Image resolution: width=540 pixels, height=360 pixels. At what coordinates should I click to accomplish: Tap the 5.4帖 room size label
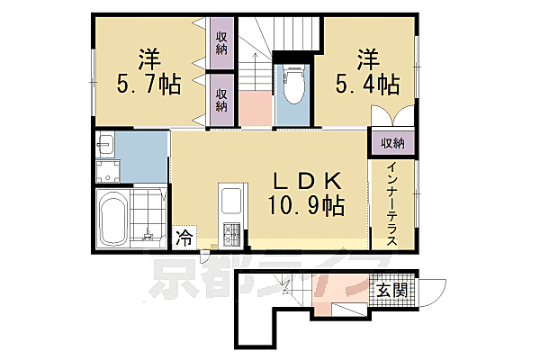pos(366,85)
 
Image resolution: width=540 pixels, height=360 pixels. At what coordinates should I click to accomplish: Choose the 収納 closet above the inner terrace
pos(391,143)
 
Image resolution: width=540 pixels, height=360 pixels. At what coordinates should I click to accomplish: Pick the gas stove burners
pos(232,236)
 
